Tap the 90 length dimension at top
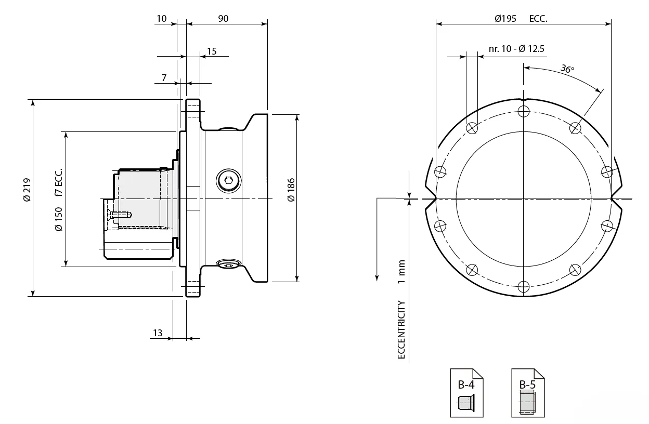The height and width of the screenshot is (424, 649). (223, 19)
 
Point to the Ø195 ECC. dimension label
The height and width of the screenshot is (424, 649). (521, 19)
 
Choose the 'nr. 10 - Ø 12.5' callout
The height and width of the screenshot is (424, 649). (516, 49)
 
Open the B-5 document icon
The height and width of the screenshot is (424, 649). (527, 393)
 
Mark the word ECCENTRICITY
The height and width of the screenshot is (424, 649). (401, 330)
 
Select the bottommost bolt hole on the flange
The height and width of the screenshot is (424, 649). (523, 286)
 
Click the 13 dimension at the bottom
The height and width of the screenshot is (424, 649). (158, 333)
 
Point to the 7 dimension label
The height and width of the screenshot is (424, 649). (164, 78)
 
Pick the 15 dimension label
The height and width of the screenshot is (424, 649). (212, 51)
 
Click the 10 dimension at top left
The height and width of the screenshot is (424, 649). (161, 19)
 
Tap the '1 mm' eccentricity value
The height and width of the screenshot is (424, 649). (401, 272)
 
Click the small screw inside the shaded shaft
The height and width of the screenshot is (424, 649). (120, 214)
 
